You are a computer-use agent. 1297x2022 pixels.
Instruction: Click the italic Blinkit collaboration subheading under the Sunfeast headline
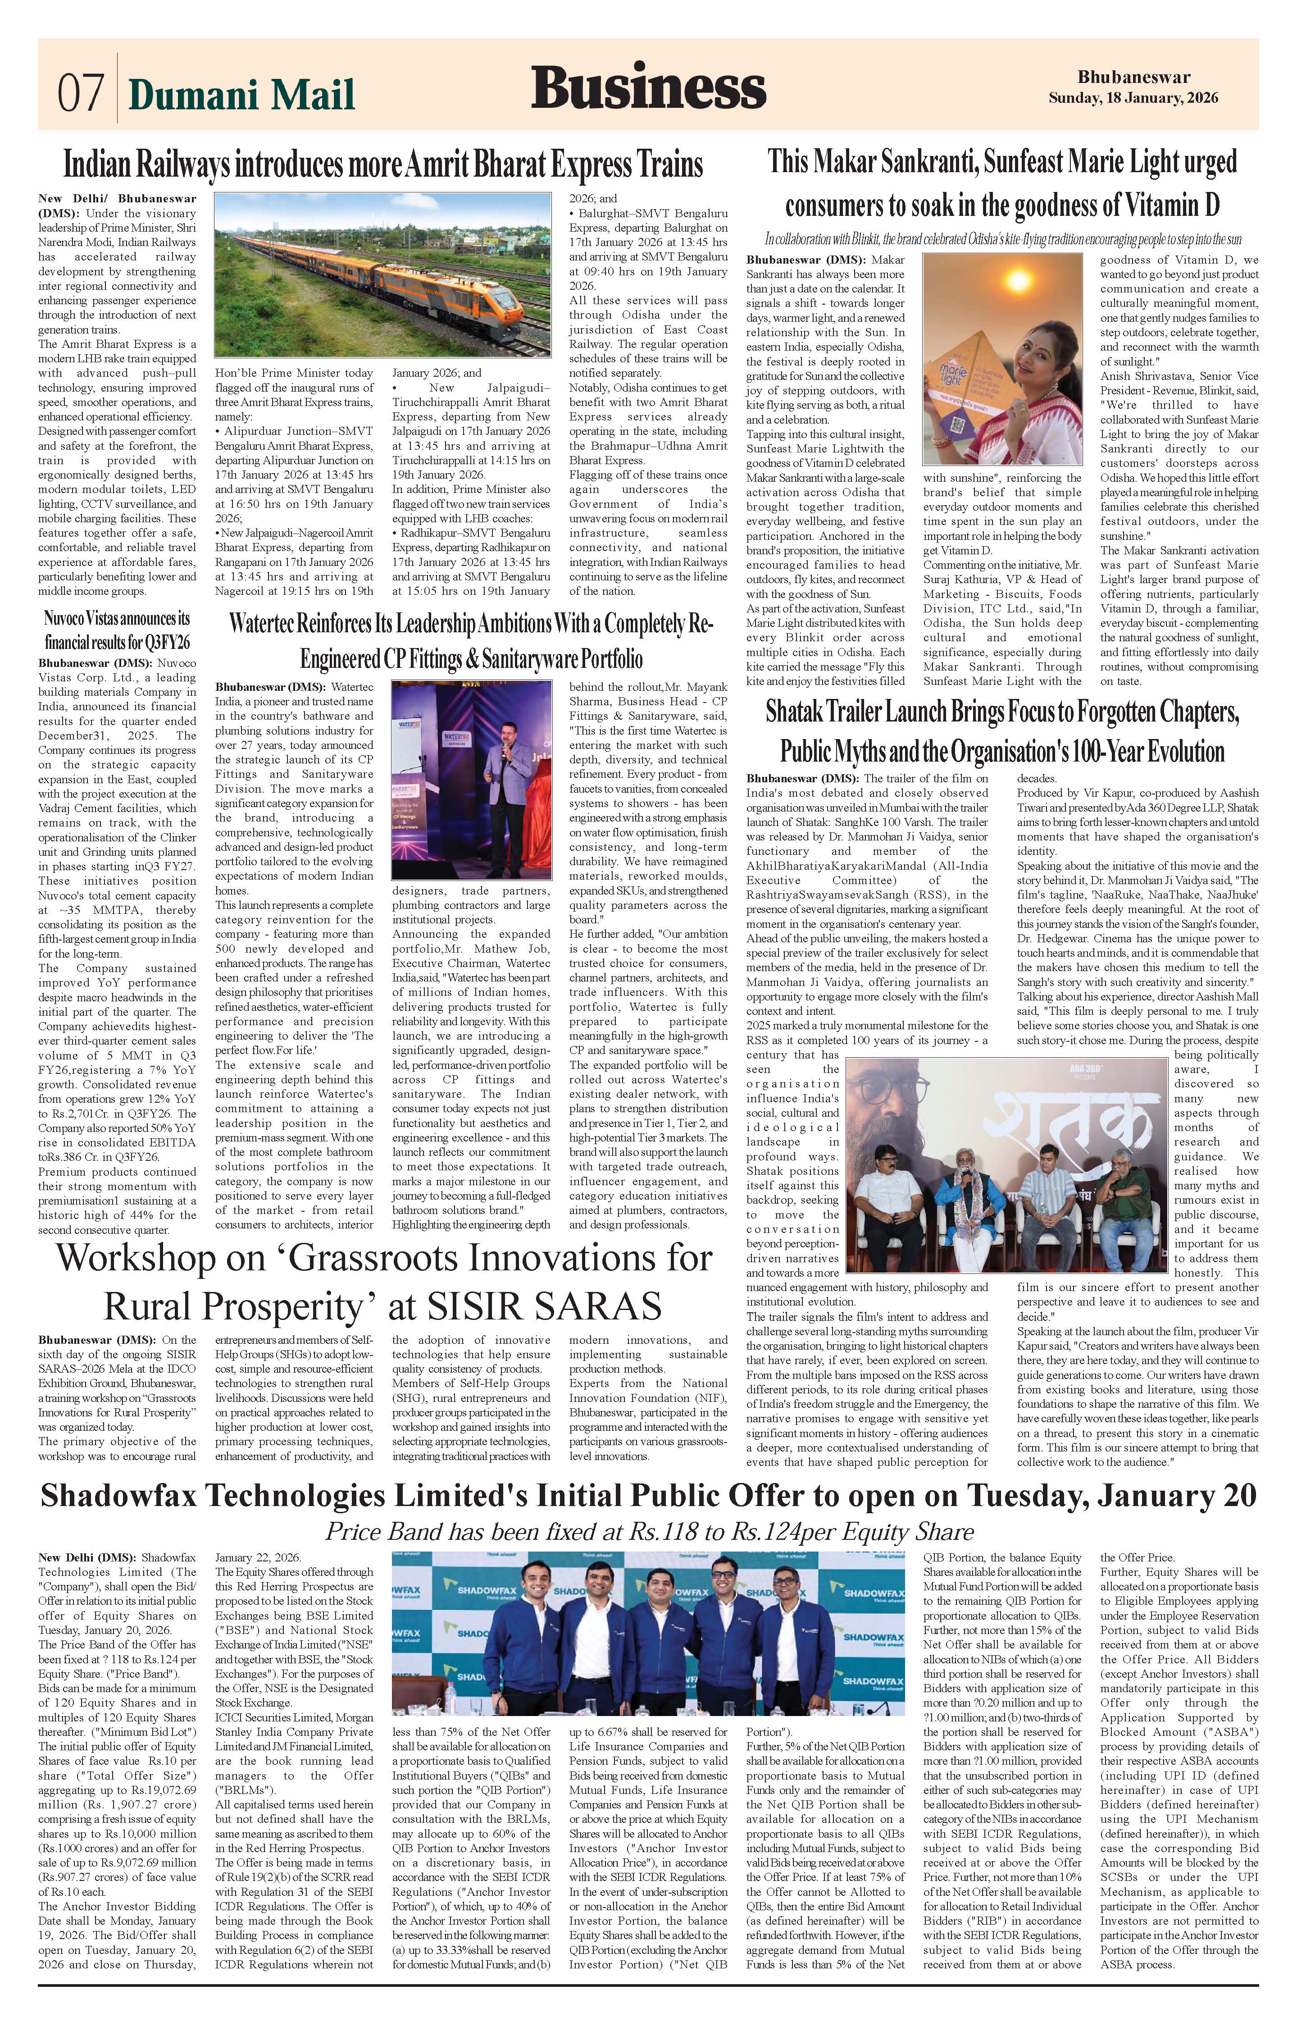pos(1002,239)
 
